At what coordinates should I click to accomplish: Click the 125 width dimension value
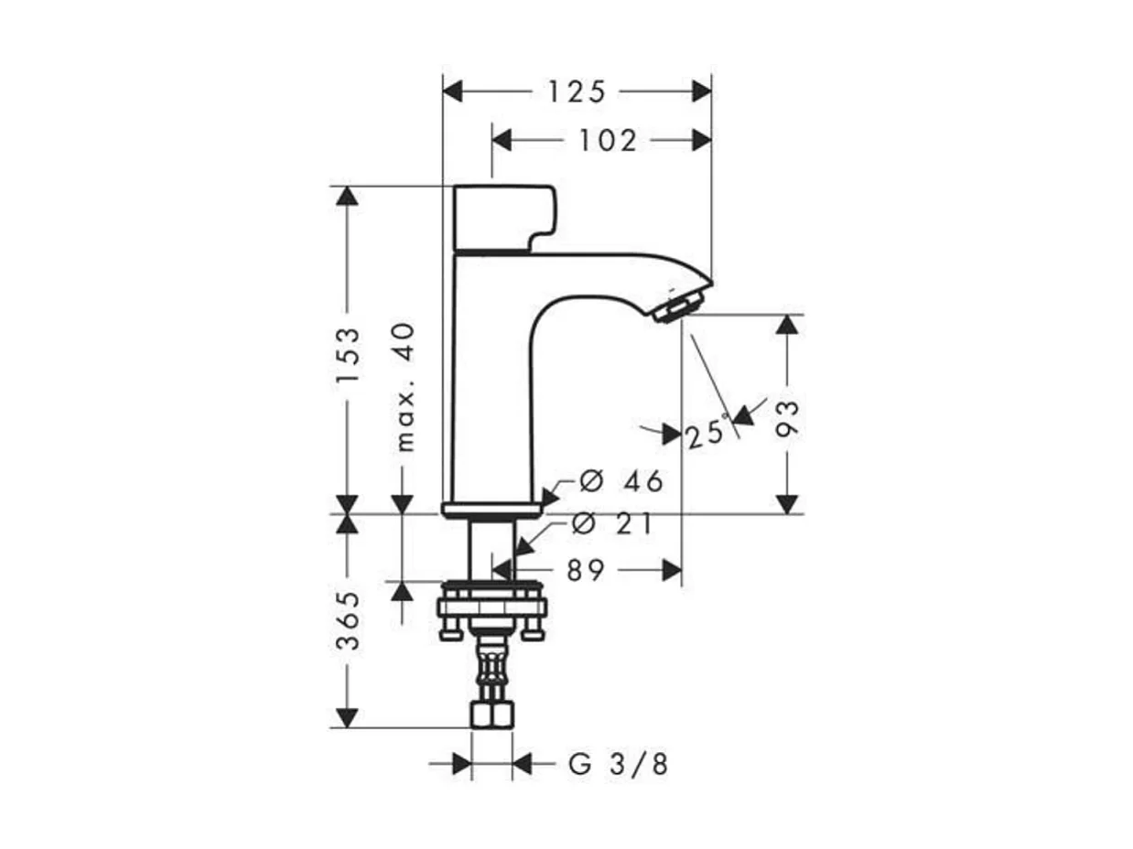[x=577, y=91]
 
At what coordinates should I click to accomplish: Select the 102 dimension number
[x=607, y=140]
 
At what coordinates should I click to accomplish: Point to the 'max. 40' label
[x=405, y=387]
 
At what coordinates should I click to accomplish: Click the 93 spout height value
[x=788, y=418]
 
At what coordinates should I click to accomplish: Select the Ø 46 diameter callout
[x=621, y=481]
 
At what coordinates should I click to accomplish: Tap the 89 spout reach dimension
[x=586, y=571]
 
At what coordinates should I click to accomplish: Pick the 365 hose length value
[x=348, y=620]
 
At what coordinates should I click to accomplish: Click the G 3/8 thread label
[x=619, y=765]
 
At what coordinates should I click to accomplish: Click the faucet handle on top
[x=503, y=218]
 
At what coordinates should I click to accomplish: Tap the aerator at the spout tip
[x=682, y=306]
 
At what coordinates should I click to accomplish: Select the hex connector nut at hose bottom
[x=491, y=715]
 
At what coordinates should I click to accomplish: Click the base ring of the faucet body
[x=491, y=509]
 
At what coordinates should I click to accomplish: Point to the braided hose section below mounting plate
[x=491, y=672]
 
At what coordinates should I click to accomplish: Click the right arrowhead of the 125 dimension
[x=702, y=91]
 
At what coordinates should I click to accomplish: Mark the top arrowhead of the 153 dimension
[x=348, y=196]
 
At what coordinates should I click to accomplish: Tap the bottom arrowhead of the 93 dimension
[x=788, y=504]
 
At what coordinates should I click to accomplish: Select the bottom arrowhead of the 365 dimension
[x=348, y=718]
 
